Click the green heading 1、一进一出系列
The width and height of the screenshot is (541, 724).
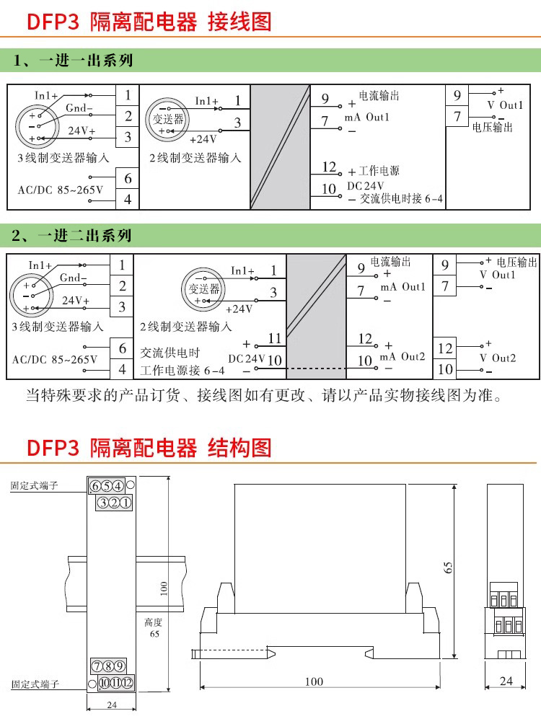(x=73, y=61)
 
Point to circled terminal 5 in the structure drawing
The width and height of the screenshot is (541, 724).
(x=107, y=485)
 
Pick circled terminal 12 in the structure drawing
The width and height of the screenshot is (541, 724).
(x=127, y=683)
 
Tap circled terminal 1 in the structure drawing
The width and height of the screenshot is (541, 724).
(x=125, y=503)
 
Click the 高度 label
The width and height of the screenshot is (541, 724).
(x=154, y=622)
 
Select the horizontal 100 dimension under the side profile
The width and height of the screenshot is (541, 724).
(x=314, y=681)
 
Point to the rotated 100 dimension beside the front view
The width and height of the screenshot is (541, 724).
(x=164, y=589)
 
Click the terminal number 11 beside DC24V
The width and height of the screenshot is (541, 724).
(x=274, y=338)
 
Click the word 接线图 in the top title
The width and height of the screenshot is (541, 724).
(x=239, y=22)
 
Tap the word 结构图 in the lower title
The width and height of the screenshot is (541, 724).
(x=239, y=448)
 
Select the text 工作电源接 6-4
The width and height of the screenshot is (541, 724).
(x=182, y=371)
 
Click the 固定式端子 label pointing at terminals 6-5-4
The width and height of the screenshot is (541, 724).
(x=35, y=486)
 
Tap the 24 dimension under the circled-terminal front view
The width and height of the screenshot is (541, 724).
(x=112, y=705)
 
